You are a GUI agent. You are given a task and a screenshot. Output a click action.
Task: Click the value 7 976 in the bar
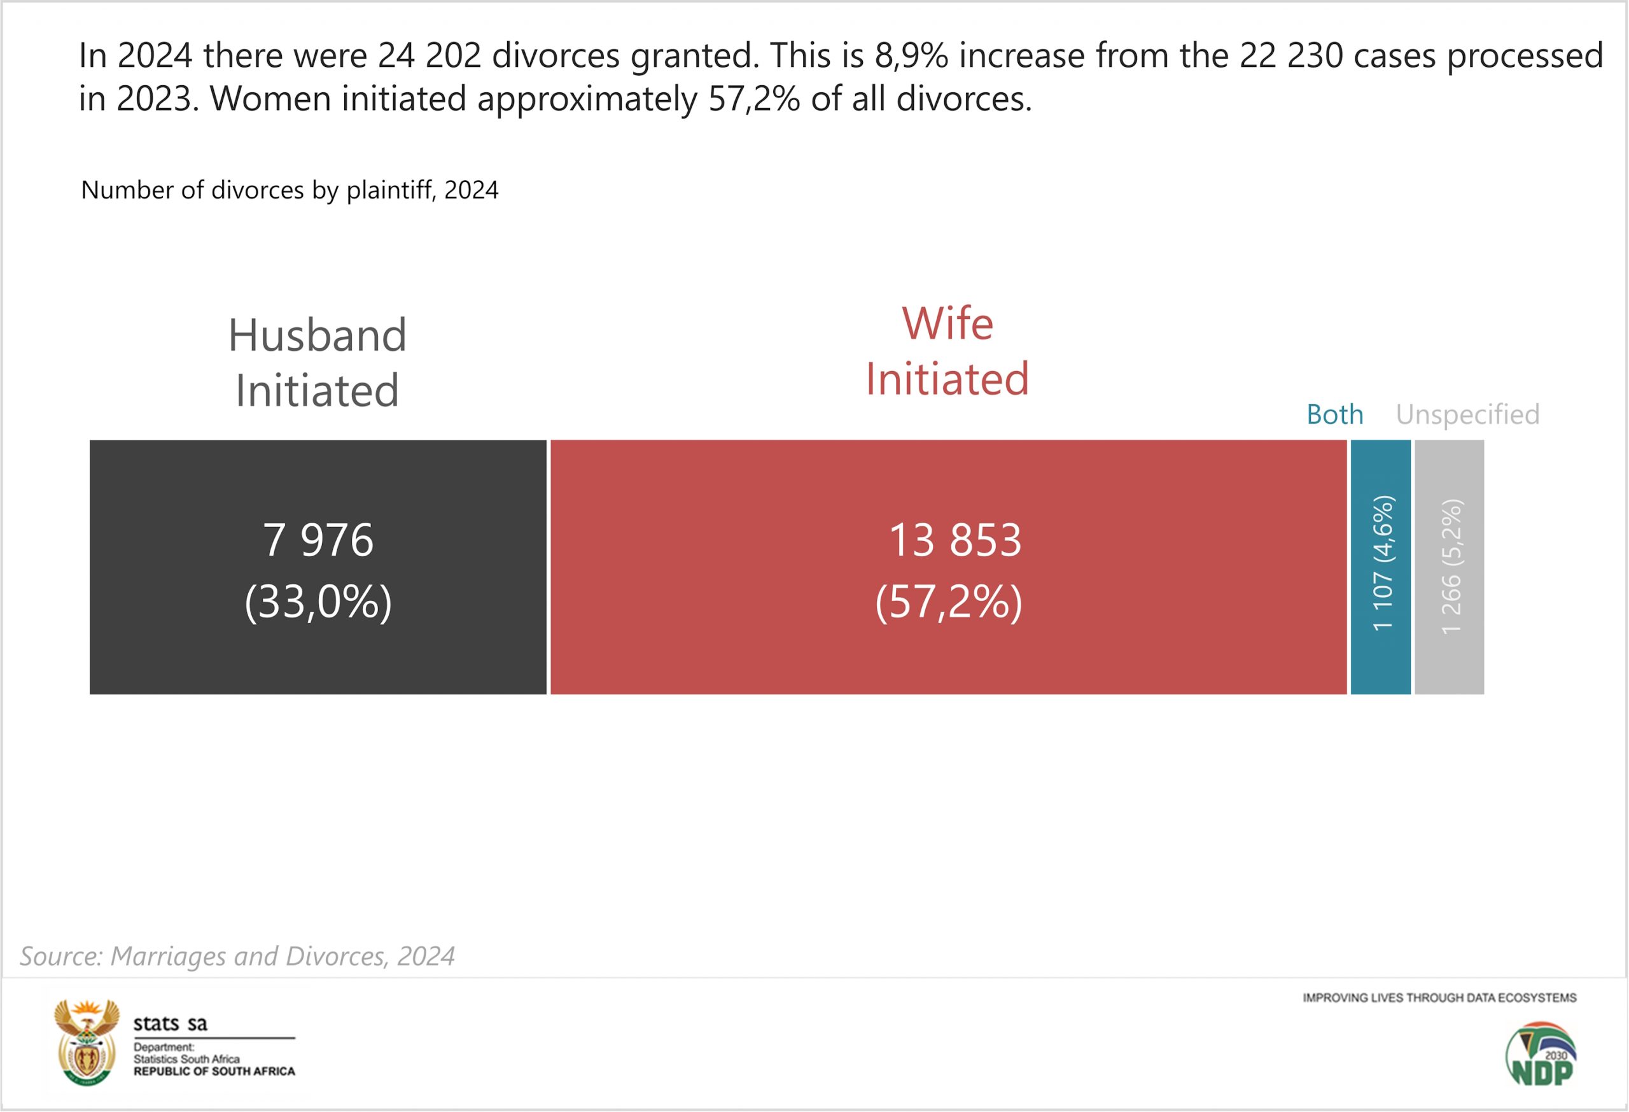318,540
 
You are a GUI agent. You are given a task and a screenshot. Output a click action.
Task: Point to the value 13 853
954,540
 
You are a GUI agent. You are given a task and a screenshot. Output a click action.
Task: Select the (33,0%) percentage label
318,602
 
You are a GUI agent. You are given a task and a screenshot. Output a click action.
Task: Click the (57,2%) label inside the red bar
948,602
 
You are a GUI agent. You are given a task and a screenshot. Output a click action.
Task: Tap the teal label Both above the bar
1334,414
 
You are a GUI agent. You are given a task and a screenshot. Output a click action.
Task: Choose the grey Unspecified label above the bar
1468,414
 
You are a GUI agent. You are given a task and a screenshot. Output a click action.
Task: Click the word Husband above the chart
318,335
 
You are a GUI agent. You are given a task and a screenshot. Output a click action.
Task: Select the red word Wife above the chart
947,324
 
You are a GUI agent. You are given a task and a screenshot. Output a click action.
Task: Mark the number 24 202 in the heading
430,55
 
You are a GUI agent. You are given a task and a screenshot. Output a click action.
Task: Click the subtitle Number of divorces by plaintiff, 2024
290,190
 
